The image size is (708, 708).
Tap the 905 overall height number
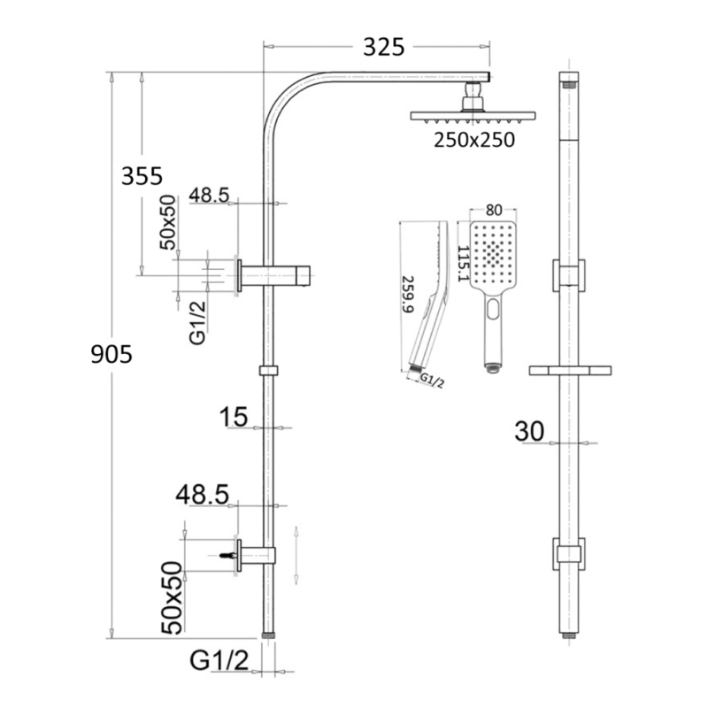click(x=112, y=355)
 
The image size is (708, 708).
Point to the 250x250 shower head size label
click(x=473, y=139)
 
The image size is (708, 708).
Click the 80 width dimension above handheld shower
click(x=495, y=210)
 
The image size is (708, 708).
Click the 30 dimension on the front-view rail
click(x=528, y=431)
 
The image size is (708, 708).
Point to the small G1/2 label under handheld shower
click(x=431, y=381)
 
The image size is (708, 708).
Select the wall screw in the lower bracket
click(x=227, y=555)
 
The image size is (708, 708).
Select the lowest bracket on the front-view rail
click(x=568, y=554)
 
